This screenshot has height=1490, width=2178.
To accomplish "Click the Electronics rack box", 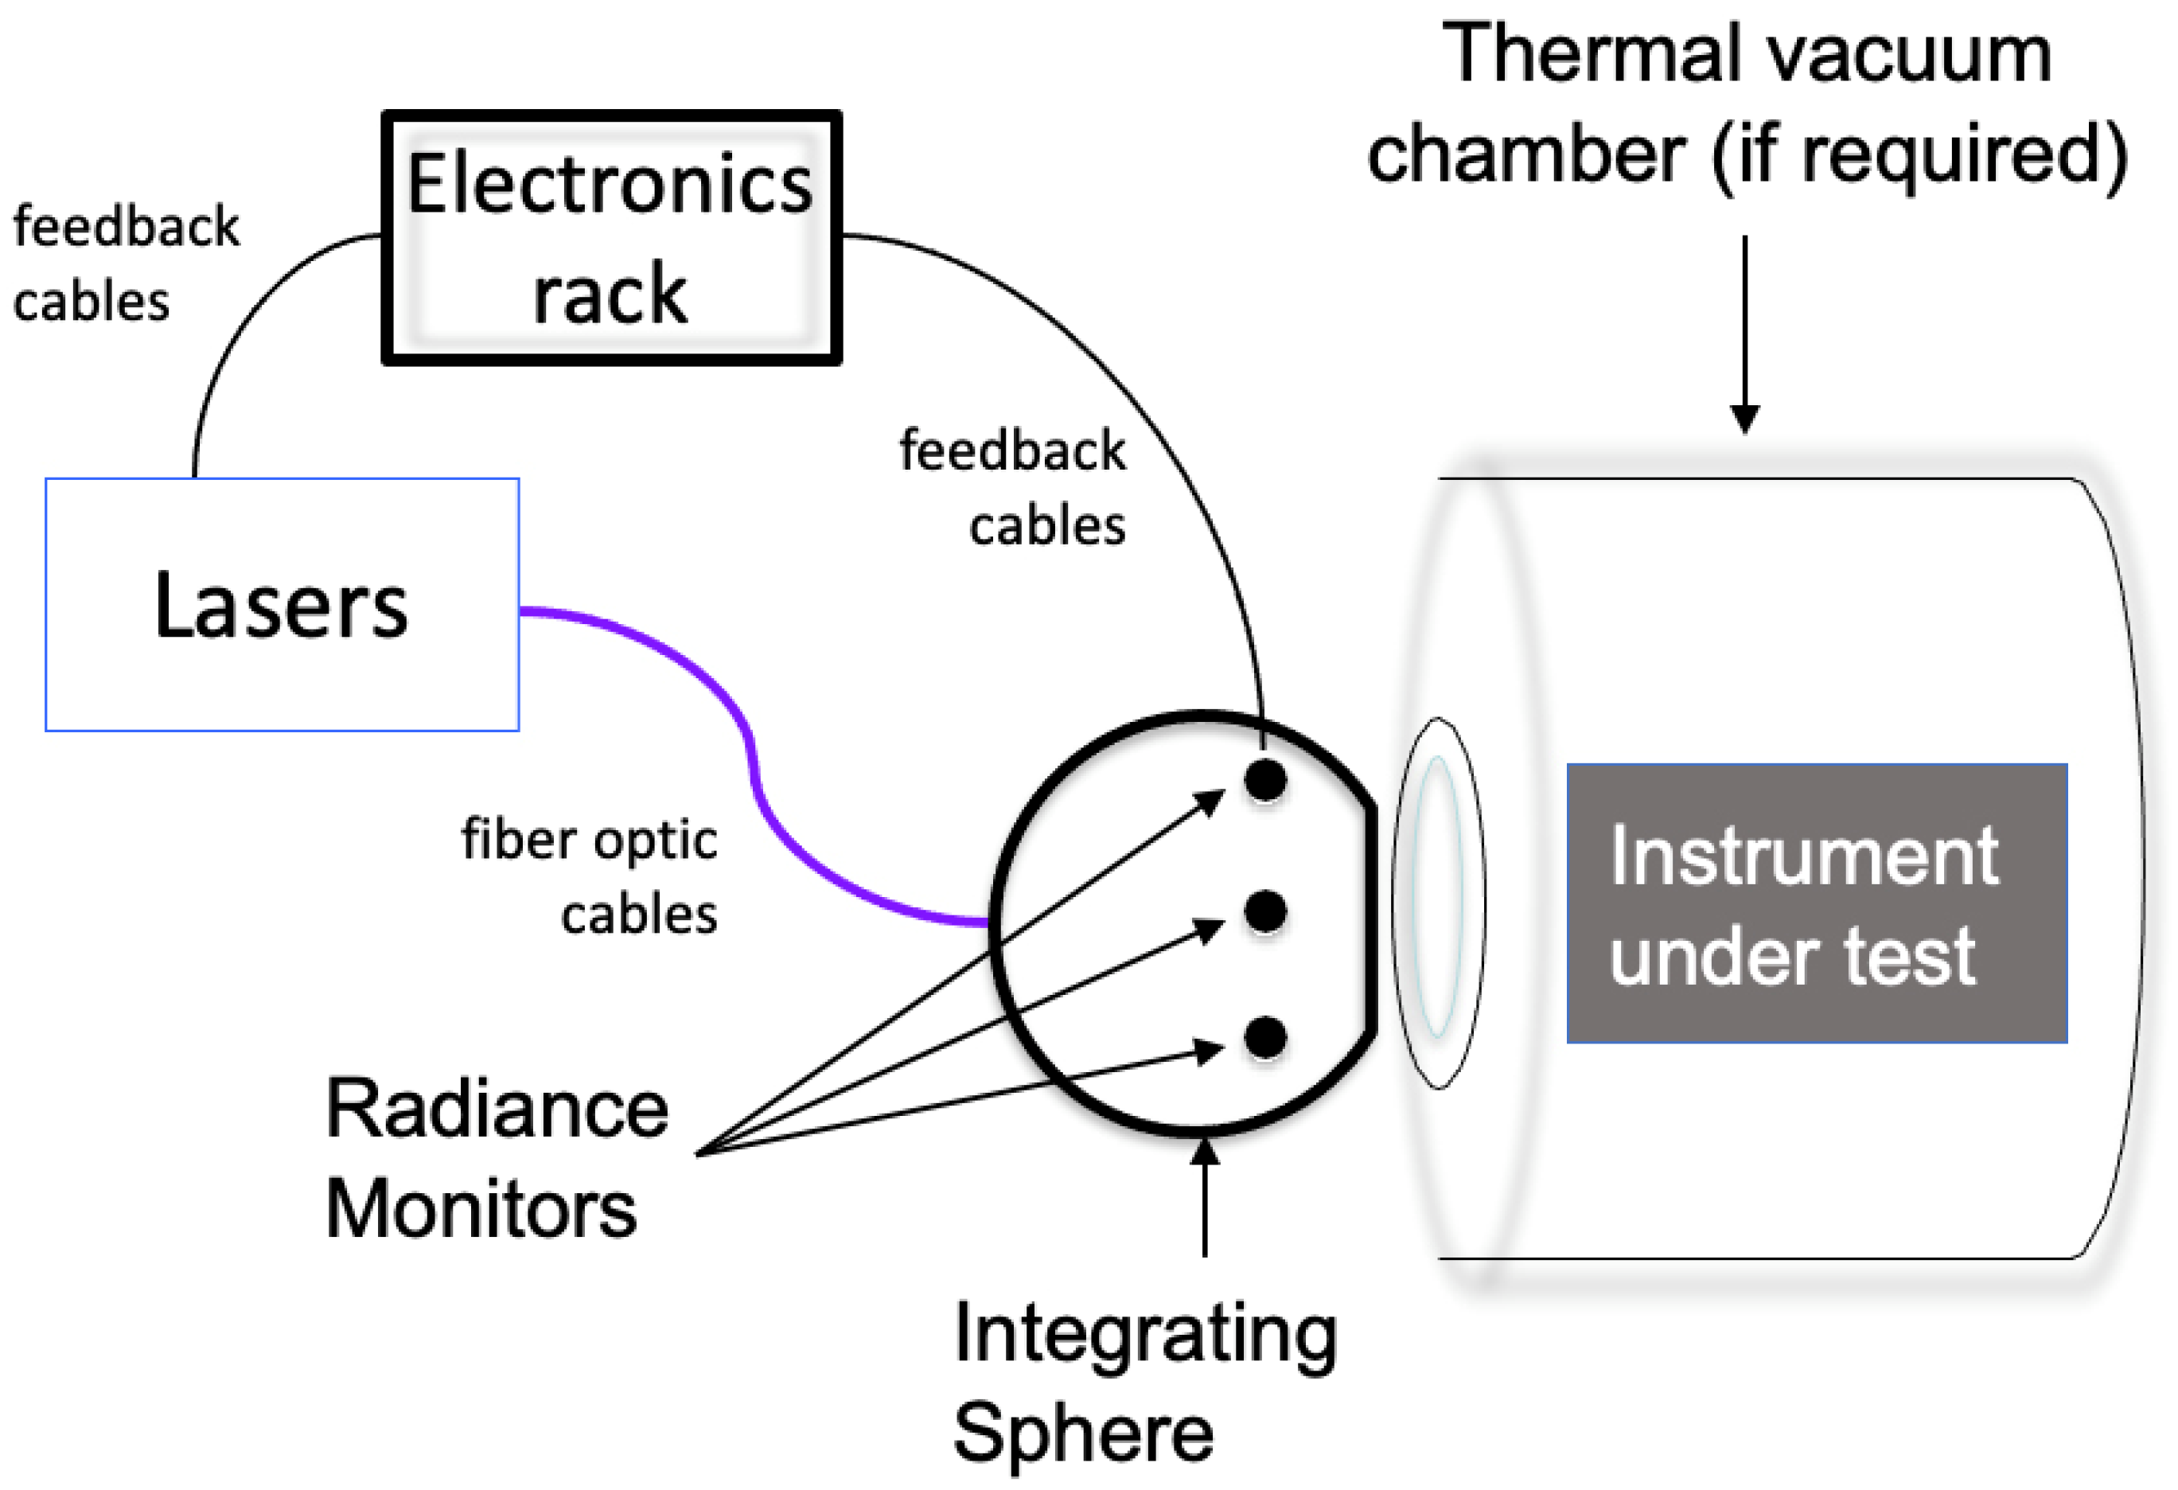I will (611, 238).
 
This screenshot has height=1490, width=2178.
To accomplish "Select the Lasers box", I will (281, 604).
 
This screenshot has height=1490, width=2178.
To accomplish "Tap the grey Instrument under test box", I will (1816, 903).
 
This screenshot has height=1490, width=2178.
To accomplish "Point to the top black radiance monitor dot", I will (1265, 780).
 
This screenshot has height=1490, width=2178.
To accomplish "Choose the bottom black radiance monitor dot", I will (1265, 1037).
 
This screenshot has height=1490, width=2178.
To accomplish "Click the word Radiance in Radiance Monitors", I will (497, 1110).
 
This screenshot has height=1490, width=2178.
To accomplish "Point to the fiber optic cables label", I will (590, 876).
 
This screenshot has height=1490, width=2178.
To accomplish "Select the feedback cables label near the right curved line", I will (1012, 487).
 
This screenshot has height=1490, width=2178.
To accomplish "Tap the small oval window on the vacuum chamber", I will (1438, 903).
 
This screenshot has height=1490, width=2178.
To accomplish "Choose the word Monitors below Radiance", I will (481, 1209).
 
